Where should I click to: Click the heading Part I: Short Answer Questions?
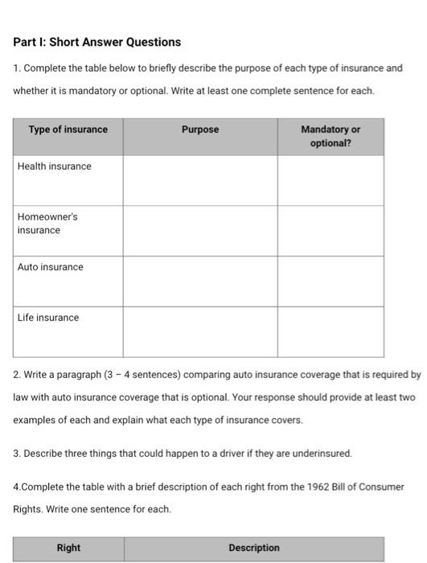click(x=96, y=42)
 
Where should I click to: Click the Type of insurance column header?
click(x=68, y=129)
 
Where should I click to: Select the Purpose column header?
click(x=199, y=129)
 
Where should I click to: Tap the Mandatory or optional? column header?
click(x=331, y=136)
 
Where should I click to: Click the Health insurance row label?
click(x=55, y=166)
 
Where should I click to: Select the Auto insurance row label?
click(x=51, y=267)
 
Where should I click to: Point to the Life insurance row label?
click(x=48, y=318)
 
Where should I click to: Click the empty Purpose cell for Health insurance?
click(x=199, y=180)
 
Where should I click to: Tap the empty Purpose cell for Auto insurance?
click(x=199, y=281)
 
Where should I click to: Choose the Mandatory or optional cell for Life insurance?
click(x=331, y=331)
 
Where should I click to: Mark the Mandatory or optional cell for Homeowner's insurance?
click(x=331, y=230)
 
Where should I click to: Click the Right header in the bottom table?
click(x=68, y=548)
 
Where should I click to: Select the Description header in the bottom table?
click(x=254, y=548)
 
